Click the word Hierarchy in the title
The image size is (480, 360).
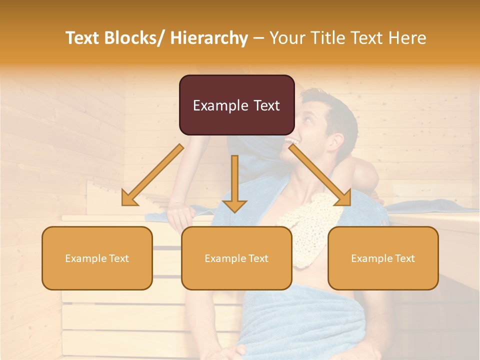208,38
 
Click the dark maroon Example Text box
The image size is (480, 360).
236,105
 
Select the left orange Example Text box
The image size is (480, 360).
97,258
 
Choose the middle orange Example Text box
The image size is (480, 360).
236,258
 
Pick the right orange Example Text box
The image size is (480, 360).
383,258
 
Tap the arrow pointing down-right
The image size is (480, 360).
319,175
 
